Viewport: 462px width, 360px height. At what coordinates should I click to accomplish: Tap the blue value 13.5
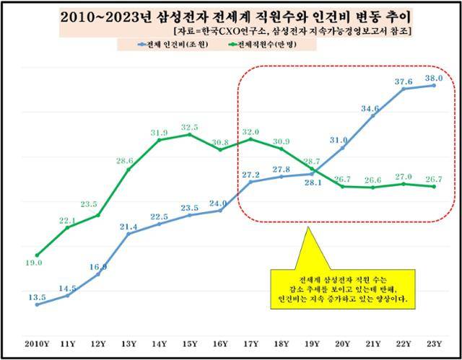tap(36, 297)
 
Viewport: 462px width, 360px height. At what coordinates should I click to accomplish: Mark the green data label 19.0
tap(34, 263)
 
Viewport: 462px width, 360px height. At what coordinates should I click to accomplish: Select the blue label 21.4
tap(128, 227)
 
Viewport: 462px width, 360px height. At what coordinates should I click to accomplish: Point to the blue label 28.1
tap(313, 182)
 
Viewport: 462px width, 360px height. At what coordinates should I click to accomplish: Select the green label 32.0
tap(249, 132)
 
